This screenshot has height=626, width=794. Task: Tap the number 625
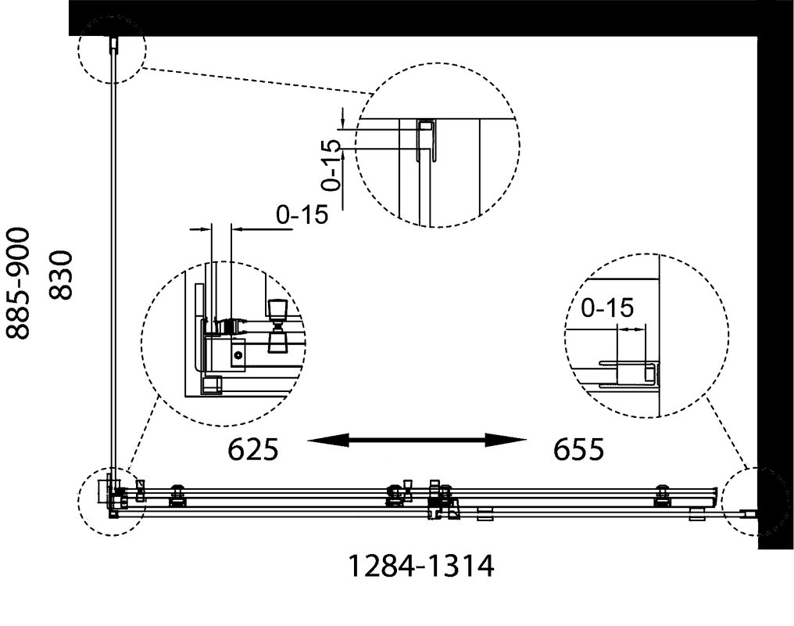coord(253,448)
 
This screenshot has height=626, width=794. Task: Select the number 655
coord(579,448)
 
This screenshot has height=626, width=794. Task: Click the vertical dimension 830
coord(62,275)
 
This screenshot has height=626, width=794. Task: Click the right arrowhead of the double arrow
coord(506,440)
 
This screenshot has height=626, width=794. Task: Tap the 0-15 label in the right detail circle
coord(607,308)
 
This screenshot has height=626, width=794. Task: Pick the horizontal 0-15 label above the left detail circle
coord(302,214)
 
